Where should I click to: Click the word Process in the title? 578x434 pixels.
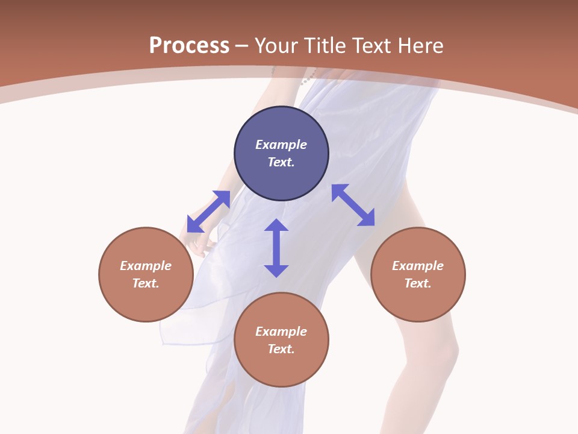189,46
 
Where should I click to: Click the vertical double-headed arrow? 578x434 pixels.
276,248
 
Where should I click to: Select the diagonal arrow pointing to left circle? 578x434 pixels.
208,212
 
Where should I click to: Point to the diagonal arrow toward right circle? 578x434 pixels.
353,206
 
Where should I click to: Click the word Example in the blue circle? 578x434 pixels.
281,145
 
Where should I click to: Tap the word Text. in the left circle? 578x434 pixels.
146,283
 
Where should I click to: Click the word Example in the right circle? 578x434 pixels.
418,266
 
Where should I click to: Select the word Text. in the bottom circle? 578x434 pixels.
281,349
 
